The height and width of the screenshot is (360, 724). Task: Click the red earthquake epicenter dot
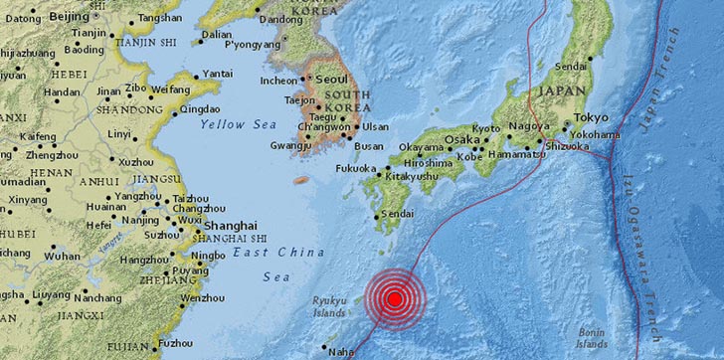tap(395, 298)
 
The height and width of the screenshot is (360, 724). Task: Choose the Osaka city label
tap(461, 139)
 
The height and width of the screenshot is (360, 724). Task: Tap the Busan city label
tap(369, 146)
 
